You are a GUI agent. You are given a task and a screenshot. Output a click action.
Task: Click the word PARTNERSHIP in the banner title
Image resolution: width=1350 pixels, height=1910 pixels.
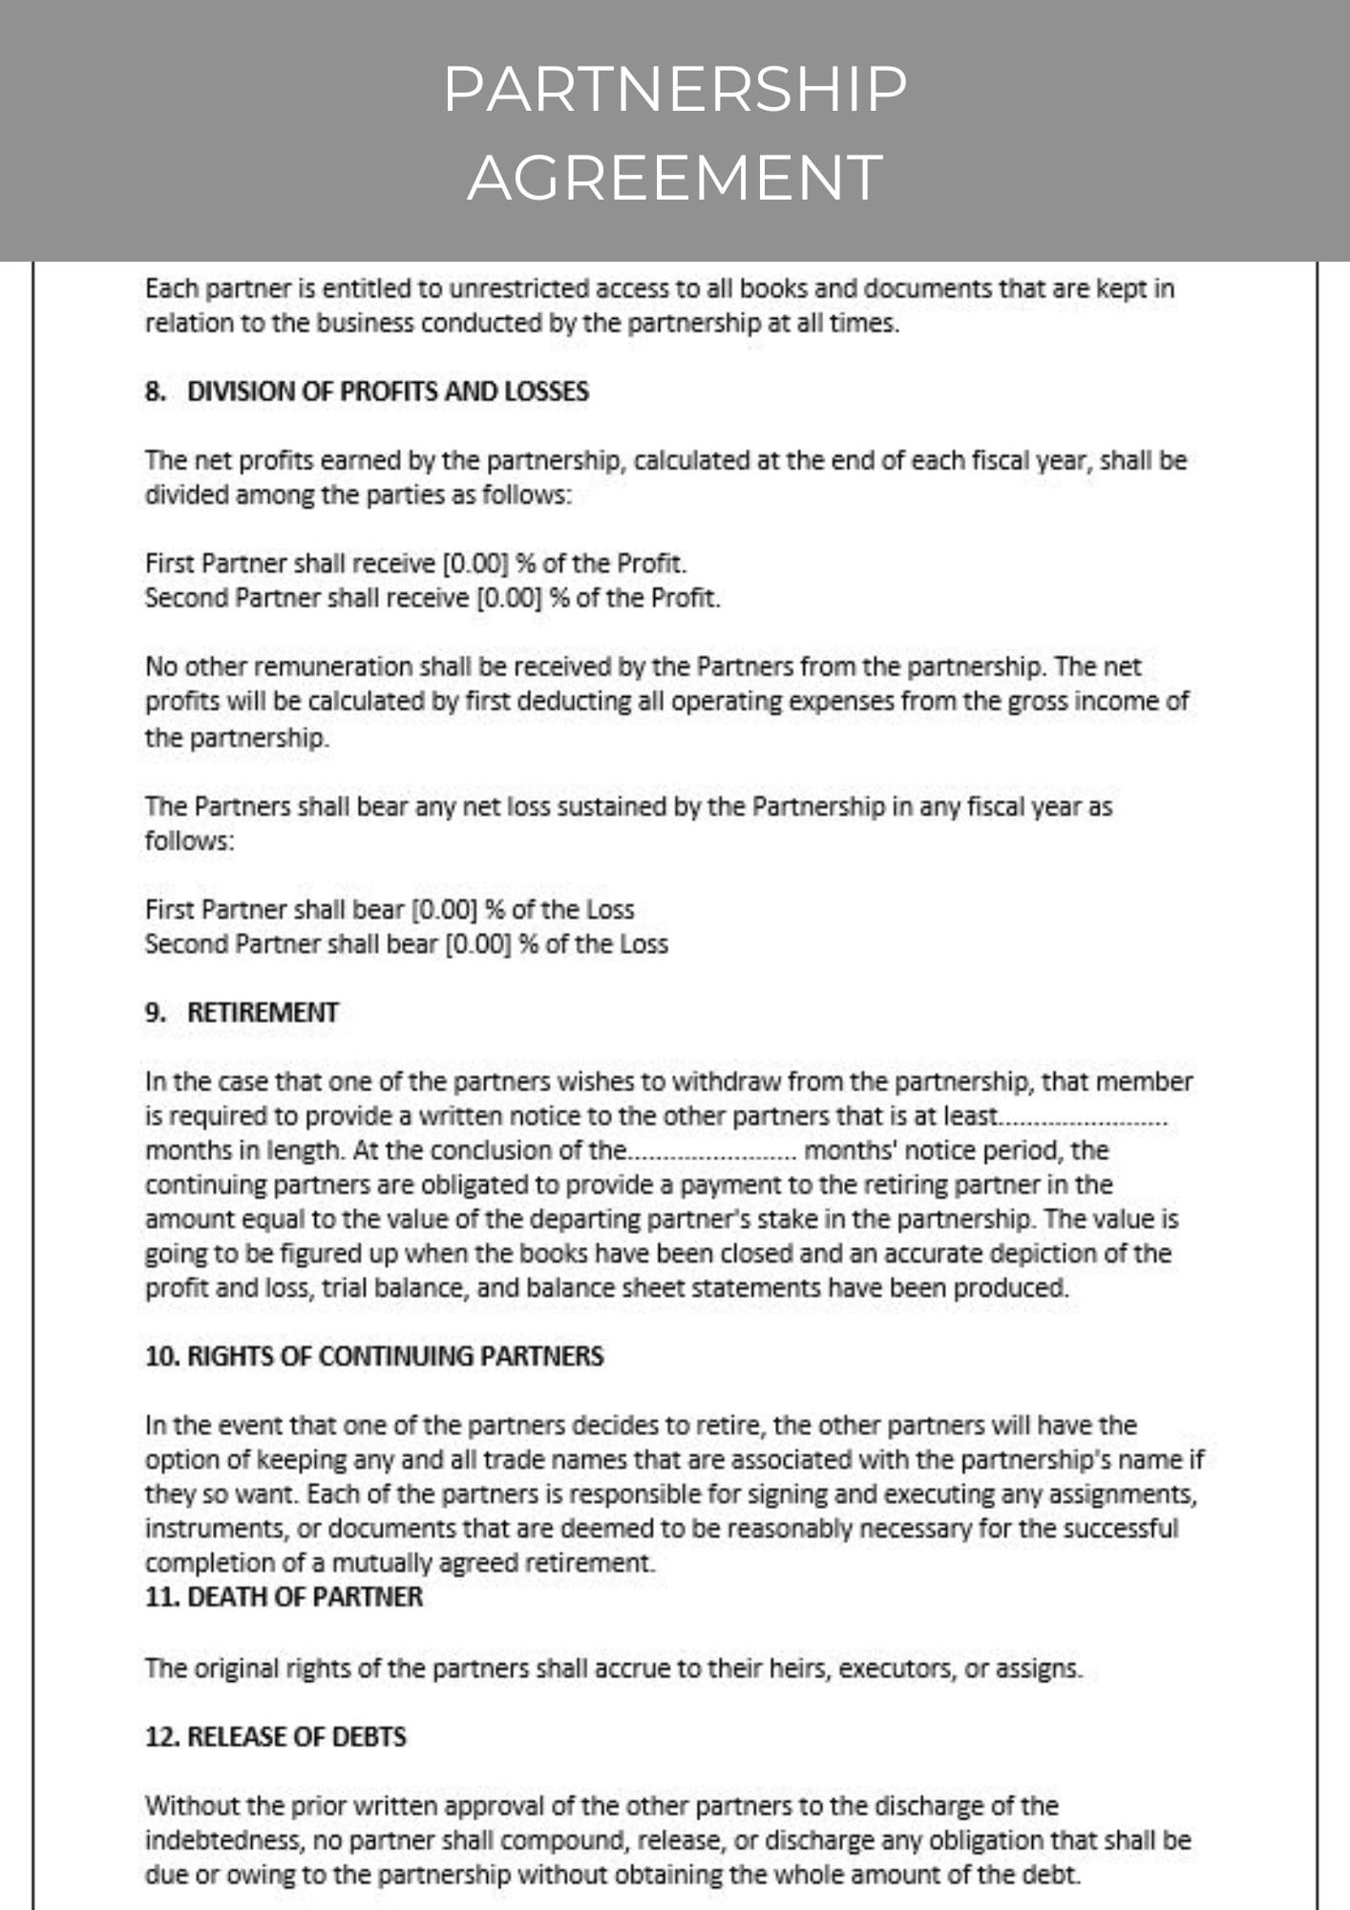pos(675,89)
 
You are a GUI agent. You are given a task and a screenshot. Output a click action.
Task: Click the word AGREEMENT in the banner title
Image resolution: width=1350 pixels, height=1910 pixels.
pos(675,178)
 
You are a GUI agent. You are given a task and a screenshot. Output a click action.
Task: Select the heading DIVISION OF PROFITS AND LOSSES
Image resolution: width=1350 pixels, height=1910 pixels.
pos(388,392)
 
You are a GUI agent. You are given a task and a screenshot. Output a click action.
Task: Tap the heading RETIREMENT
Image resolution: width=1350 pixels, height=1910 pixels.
pos(263,1012)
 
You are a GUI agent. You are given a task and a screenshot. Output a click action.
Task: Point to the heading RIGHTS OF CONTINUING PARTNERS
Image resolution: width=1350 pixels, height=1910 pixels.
pos(395,1356)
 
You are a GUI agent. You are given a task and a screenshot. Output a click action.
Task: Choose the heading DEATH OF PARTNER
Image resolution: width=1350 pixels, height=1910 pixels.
pos(305,1597)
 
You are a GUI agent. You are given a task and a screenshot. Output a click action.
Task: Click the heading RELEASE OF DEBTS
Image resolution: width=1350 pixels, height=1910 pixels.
pos(297,1736)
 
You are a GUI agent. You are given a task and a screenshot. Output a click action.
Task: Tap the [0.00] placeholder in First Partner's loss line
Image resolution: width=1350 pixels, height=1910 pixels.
pos(444,909)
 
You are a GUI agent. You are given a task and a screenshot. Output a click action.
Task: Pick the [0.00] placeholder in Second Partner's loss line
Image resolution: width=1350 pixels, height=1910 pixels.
pos(478,944)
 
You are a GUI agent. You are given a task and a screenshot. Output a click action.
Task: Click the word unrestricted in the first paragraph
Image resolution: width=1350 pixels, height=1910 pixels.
pos(519,288)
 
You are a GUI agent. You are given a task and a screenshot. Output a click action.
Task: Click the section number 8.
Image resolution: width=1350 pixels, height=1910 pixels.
pos(155,392)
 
